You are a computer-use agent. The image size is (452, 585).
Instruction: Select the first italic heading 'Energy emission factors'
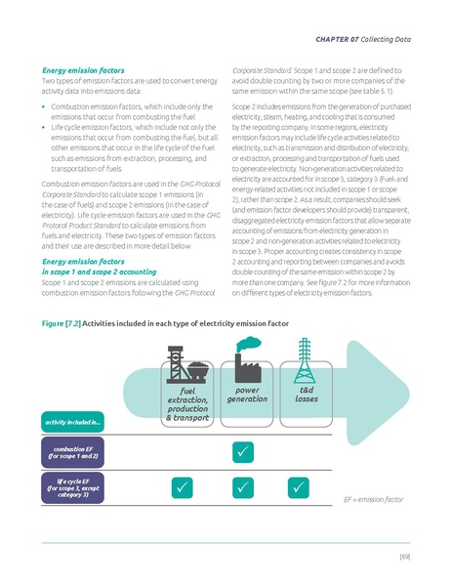pyautogui.click(x=80, y=70)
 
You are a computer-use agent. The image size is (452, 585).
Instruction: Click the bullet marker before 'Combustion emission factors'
pyautogui.click(x=45, y=104)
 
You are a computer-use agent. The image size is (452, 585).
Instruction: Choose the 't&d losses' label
pyautogui.click(x=306, y=394)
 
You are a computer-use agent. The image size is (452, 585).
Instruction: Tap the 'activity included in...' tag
pyautogui.click(x=75, y=421)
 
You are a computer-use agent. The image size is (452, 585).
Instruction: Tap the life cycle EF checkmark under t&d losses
pyautogui.click(x=306, y=485)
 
